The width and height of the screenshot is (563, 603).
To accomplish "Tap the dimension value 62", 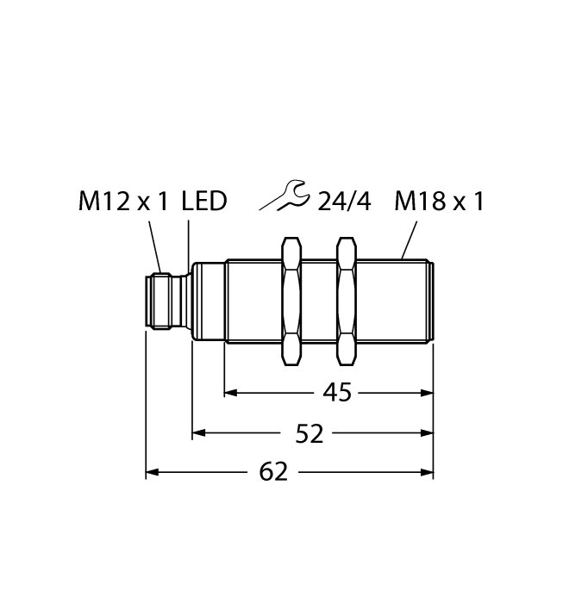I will [x=272, y=472].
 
